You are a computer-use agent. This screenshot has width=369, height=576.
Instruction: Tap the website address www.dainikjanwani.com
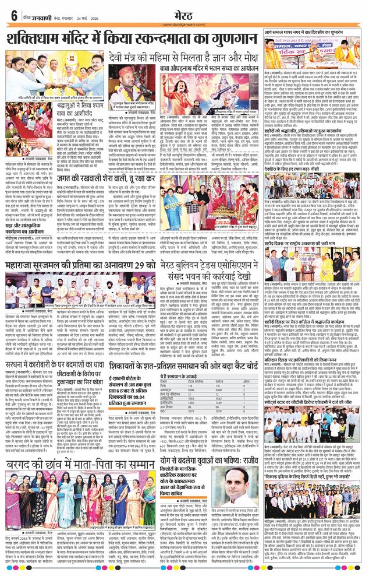184,25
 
